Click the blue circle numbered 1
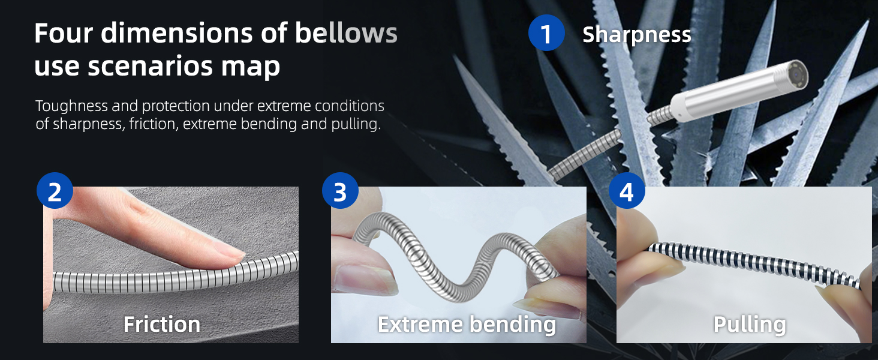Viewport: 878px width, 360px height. point(546,33)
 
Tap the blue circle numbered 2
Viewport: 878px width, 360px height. point(55,191)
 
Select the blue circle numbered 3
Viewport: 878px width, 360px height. point(340,191)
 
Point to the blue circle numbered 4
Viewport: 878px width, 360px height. point(627,191)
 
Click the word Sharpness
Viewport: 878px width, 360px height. point(636,35)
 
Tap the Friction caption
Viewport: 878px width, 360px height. point(162,325)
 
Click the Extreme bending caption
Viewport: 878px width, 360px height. point(467,325)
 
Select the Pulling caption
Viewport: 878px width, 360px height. point(750,325)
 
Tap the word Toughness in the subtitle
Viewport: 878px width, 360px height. point(72,106)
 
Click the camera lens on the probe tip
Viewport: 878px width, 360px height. point(797,73)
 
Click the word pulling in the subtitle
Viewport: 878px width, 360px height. point(356,125)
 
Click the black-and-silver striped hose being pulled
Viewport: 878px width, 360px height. point(753,263)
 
